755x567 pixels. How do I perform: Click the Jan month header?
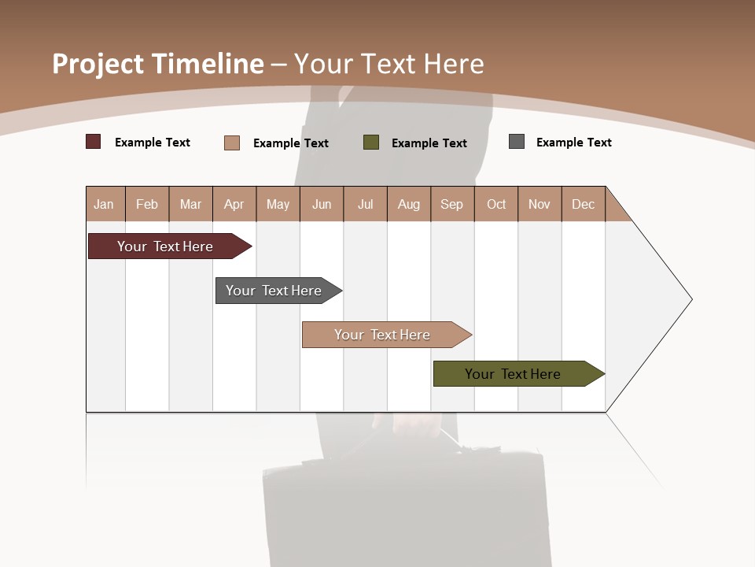pos(105,204)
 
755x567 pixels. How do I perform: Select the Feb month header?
pos(147,204)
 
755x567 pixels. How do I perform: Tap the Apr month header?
pos(234,204)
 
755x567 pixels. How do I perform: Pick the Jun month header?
pos(322,204)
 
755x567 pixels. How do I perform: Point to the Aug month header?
pos(409,204)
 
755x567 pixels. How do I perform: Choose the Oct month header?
pos(496,204)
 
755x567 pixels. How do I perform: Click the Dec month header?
pos(584,204)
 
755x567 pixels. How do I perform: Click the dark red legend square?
pos(94,142)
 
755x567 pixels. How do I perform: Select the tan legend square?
pos(232,143)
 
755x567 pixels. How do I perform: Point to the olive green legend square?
pos(371,143)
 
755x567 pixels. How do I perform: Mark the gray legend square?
pos(517,142)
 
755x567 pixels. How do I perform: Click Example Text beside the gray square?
pos(573,143)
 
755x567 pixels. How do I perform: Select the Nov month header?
pos(540,204)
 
